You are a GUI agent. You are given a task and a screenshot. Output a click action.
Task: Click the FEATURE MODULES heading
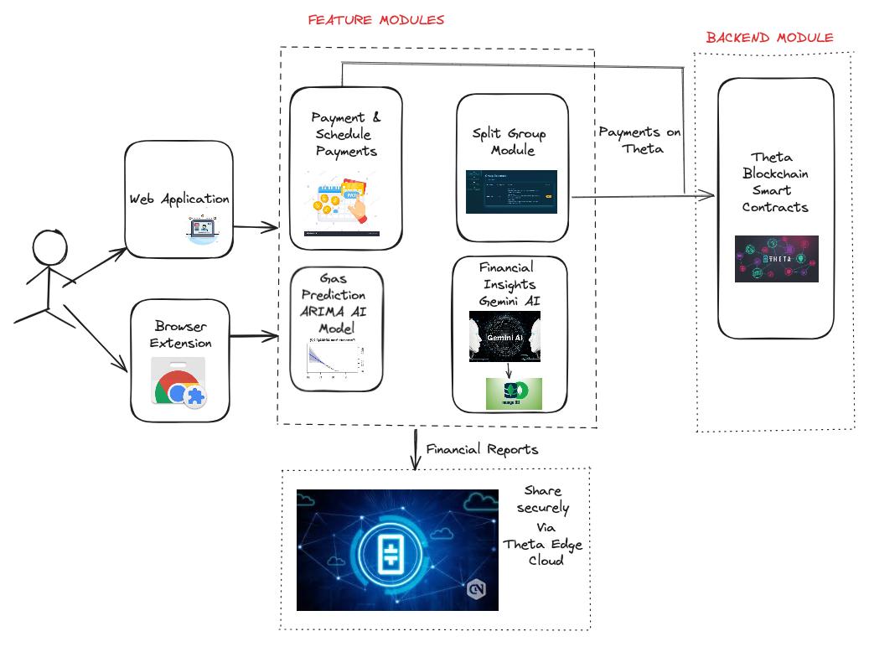pos(375,19)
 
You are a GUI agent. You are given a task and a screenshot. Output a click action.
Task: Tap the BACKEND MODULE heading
pos(769,38)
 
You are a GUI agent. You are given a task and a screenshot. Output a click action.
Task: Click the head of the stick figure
pos(49,249)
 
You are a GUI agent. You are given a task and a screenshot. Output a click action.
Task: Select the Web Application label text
pos(178,199)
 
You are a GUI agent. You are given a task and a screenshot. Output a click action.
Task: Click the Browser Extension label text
pos(181,334)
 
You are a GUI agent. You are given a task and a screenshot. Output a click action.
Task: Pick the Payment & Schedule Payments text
pos(345,134)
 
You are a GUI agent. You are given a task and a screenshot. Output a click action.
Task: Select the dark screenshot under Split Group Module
pos(511,192)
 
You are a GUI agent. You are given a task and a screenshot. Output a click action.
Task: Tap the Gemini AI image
pos(504,336)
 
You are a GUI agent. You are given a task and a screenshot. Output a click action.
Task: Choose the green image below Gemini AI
pos(514,394)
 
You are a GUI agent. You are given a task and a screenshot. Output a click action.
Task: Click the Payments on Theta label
pos(639,141)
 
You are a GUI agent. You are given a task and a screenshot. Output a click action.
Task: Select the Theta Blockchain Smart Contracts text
pos(776,182)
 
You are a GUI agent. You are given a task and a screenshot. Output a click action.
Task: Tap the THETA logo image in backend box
pos(776,258)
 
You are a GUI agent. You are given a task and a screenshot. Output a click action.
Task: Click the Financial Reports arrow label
pos(482,449)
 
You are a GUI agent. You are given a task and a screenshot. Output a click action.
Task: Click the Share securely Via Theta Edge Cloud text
pos(543,525)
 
